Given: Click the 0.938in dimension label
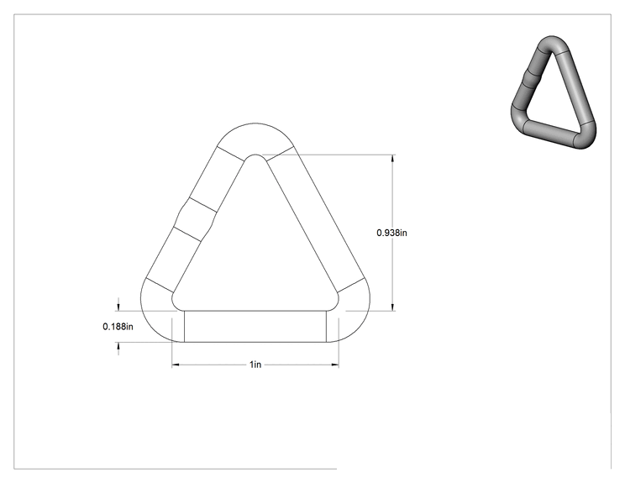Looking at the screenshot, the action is (391, 233).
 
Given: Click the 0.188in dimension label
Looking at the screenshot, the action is (118, 327).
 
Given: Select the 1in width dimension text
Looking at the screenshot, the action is (255, 365).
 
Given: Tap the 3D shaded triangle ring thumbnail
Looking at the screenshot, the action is (554, 92).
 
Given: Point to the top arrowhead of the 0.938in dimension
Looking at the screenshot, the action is (393, 158).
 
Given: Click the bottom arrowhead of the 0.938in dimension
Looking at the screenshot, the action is (393, 307).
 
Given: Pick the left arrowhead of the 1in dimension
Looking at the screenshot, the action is (176, 365).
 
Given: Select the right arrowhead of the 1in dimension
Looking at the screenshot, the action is (335, 365).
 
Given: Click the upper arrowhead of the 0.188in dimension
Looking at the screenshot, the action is (118, 307).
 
